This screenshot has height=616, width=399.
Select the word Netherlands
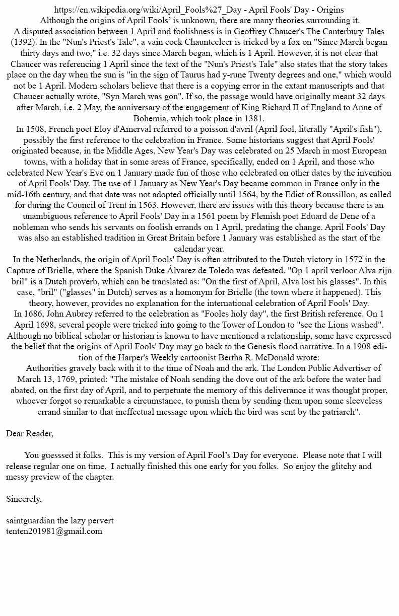pyautogui.click(x=62, y=260)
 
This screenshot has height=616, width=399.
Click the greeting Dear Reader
pyautogui.click(x=30, y=433)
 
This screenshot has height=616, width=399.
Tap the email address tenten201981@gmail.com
pyautogui.click(x=54, y=531)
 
